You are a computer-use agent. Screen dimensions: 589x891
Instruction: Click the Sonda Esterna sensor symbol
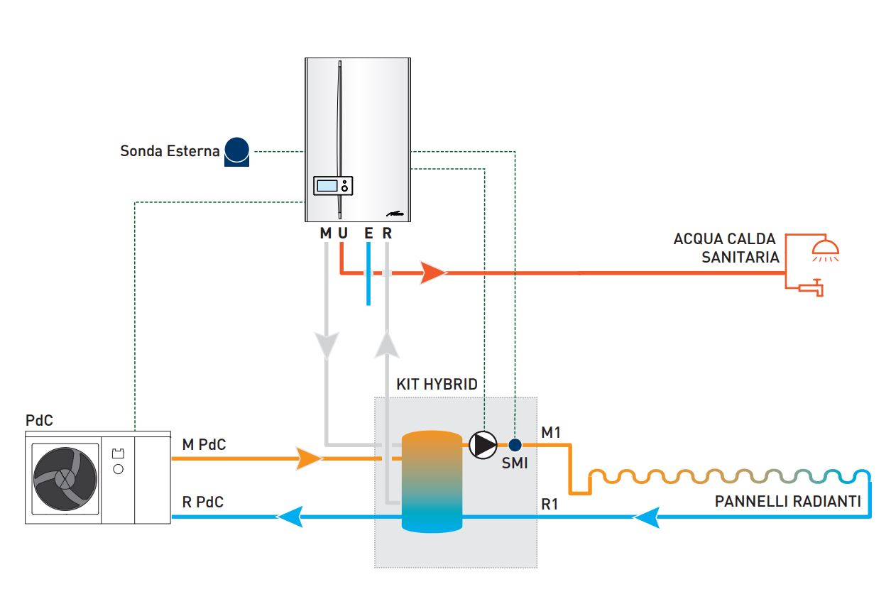click(237, 151)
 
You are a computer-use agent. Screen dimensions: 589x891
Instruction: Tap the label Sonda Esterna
click(170, 151)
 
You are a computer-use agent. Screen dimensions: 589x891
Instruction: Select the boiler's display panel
click(333, 186)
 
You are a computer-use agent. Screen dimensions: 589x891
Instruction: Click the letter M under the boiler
click(325, 233)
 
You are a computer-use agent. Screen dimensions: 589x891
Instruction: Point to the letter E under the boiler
click(368, 233)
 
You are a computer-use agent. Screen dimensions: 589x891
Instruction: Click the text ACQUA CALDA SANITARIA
click(726, 248)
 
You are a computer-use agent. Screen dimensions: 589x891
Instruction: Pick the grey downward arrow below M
click(326, 345)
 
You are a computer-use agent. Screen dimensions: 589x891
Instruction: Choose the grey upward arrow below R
click(387, 343)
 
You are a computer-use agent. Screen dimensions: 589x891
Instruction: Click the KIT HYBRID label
click(437, 385)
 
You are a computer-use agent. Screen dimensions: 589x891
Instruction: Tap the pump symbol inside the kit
click(484, 445)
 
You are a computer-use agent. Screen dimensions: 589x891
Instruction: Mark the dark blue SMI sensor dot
click(515, 445)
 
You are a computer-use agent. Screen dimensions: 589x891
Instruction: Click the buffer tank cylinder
click(431, 481)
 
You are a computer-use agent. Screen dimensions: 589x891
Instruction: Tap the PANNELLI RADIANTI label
click(787, 502)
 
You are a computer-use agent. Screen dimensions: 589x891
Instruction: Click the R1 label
click(551, 505)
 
